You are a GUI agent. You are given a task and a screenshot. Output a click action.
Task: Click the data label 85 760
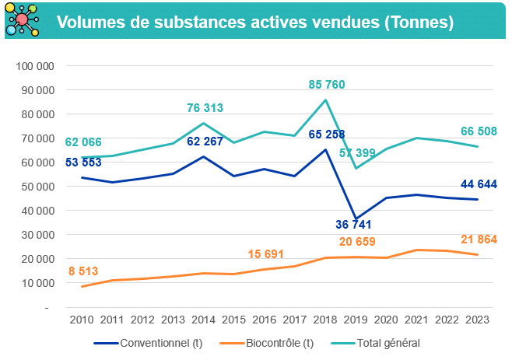click(326, 84)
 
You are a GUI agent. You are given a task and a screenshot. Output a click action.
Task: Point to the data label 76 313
click(205, 108)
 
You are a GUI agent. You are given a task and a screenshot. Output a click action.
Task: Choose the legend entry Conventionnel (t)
click(148, 343)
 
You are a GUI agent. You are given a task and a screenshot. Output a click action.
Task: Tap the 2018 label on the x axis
click(325, 320)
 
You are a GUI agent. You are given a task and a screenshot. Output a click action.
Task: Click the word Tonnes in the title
click(418, 23)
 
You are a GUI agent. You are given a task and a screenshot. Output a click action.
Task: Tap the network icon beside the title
click(23, 22)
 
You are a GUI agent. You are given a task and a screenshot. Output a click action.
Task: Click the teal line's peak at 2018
click(325, 100)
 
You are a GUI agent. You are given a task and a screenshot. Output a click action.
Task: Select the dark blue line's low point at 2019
click(356, 219)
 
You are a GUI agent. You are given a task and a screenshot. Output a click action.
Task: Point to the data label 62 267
click(205, 142)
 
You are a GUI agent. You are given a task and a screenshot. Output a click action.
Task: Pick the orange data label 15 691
click(265, 254)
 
